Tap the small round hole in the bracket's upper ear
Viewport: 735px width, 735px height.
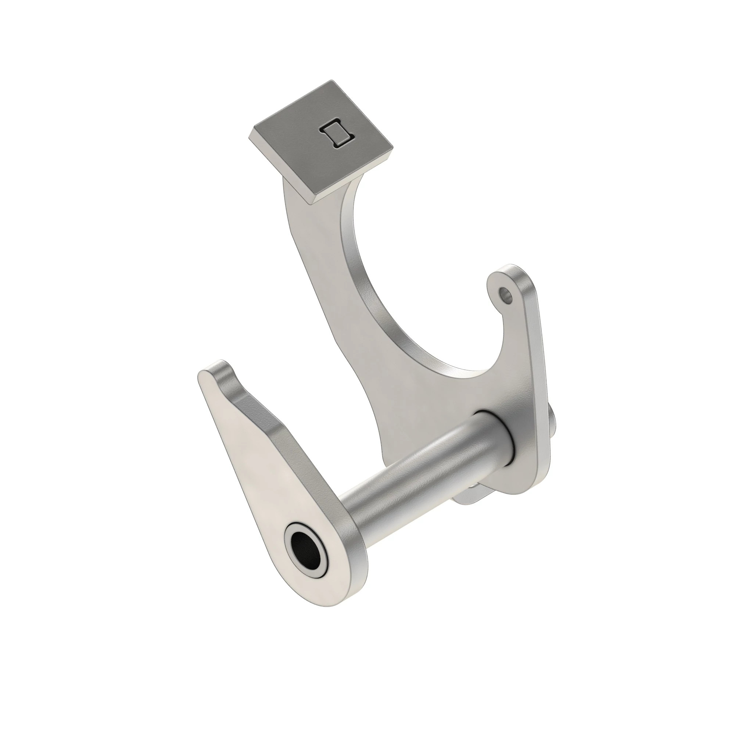point(505,293)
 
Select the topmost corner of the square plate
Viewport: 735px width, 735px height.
point(332,81)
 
